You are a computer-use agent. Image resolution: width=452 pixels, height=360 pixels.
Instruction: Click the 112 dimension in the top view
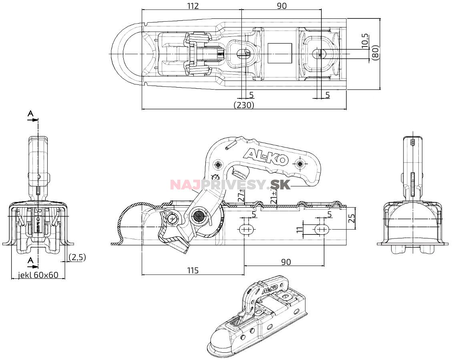(x=193, y=6)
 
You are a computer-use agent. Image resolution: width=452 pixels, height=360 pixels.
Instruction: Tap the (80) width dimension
(x=375, y=52)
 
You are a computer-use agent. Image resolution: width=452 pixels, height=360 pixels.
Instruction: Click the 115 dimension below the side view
(x=193, y=271)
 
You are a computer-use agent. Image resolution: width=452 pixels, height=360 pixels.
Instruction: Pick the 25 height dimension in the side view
(x=351, y=218)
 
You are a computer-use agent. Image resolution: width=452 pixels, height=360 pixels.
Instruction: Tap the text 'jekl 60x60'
(x=38, y=275)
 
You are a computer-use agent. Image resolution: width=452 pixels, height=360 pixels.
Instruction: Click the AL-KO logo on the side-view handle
(x=266, y=156)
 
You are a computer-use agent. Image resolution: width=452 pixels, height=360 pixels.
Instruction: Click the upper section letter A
(x=30, y=114)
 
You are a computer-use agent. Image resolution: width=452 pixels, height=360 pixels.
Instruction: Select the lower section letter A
(x=30, y=260)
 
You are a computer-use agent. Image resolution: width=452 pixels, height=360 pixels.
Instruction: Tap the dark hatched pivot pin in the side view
(x=199, y=217)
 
